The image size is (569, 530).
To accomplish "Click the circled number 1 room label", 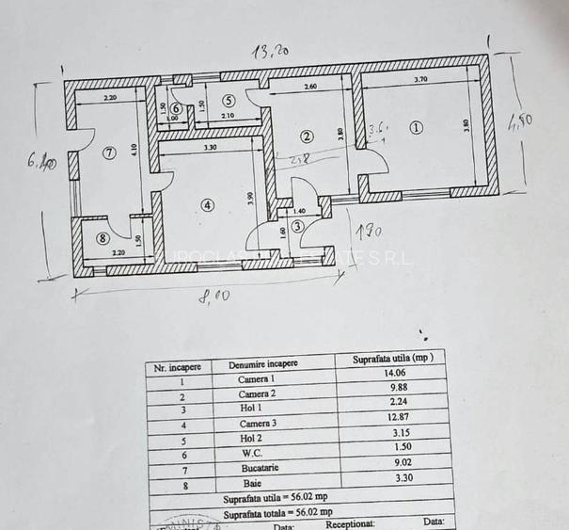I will (417, 127).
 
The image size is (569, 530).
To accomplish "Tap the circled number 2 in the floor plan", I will (306, 137).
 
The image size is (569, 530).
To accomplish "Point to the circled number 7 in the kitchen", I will (109, 153).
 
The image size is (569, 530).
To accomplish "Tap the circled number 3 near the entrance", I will (297, 226).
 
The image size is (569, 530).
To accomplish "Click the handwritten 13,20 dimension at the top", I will (267, 51).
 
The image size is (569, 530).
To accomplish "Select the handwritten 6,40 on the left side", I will (42, 162).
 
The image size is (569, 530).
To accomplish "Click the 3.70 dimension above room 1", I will (420, 81).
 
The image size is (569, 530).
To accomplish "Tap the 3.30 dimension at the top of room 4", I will (210, 147).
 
